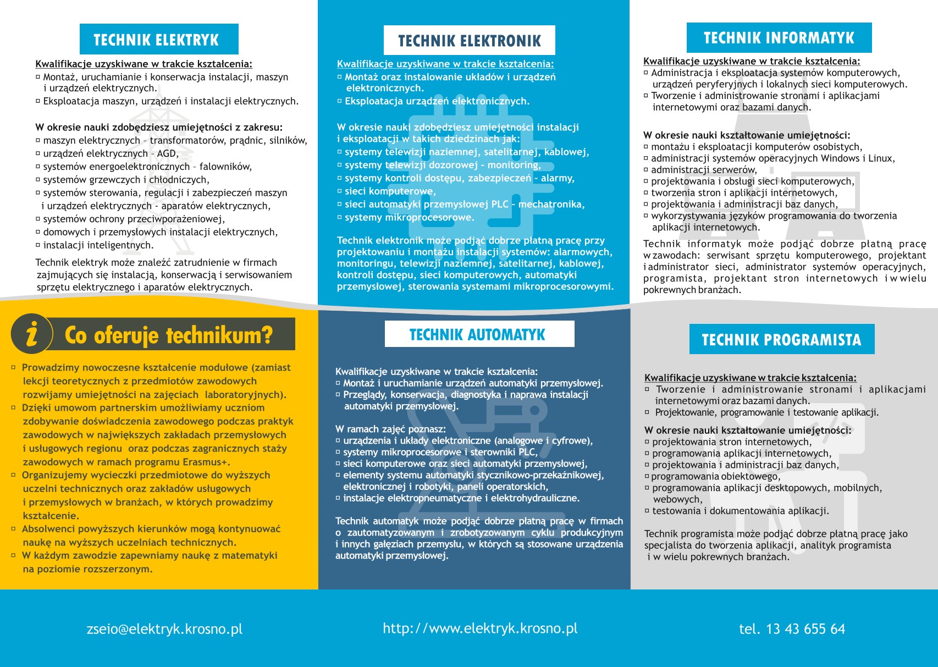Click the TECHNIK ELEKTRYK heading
(156, 40)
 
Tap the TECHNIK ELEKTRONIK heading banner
(470, 41)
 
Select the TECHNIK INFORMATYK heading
(779, 38)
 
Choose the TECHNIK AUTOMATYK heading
(477, 334)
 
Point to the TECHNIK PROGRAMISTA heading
(781, 340)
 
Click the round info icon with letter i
(32, 334)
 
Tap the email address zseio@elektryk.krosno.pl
(164, 629)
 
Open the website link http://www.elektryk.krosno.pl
(480, 629)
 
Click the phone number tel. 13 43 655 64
(792, 629)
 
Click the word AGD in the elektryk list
(167, 153)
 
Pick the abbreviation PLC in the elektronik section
(500, 205)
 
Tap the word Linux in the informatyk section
(881, 158)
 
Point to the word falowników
(225, 167)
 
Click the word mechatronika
(551, 205)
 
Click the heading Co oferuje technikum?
(169, 335)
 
